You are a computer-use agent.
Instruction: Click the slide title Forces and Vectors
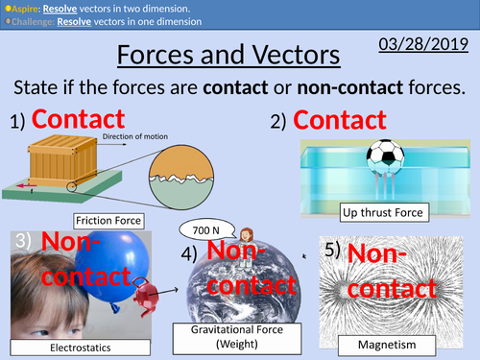coord(228,56)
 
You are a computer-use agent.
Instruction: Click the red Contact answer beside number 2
coord(340,122)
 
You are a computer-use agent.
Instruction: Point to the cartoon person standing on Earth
coord(247,235)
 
